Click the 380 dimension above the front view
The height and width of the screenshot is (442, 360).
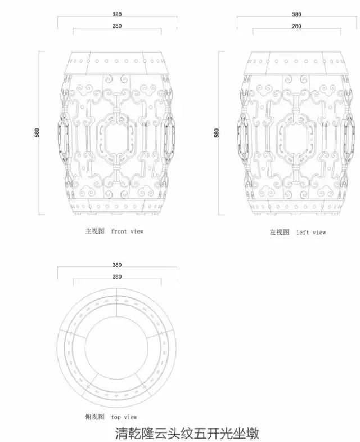pyautogui.click(x=116, y=14)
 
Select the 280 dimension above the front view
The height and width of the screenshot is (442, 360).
pyautogui.click(x=116, y=26)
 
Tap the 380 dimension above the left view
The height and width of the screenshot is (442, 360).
pyautogui.click(x=296, y=14)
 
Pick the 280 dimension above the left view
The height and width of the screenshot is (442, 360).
pyautogui.click(x=296, y=26)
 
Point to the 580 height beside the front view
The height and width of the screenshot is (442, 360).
pyautogui.click(x=38, y=133)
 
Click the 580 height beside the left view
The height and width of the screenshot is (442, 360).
pyautogui.click(x=217, y=133)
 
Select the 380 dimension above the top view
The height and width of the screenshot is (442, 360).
pyautogui.click(x=116, y=265)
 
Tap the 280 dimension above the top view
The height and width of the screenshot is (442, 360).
pyautogui.click(x=116, y=276)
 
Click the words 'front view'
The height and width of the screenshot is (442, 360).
pyautogui.click(x=127, y=231)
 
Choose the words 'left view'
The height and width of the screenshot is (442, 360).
pyautogui.click(x=311, y=232)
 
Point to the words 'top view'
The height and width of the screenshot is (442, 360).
pyautogui.click(x=124, y=417)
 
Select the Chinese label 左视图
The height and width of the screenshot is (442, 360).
pyautogui.click(x=279, y=232)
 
